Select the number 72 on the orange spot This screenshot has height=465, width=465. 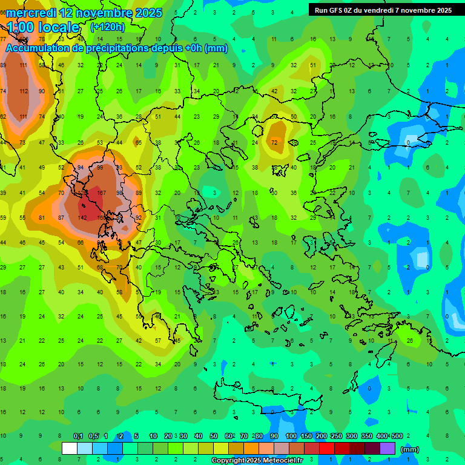click(274, 142)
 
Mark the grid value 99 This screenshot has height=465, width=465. click(100, 167)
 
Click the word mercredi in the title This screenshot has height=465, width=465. click(30, 13)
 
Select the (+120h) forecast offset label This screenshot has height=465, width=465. click(108, 27)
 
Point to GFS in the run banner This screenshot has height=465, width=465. click(338, 10)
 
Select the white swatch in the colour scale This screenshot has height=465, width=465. click(70, 448)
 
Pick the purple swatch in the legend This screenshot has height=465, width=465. click(387, 448)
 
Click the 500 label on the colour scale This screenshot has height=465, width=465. click(397, 436)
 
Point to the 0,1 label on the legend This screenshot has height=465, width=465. click(78, 436)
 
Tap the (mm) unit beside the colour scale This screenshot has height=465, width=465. click(410, 449)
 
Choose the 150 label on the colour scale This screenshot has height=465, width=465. click(306, 436)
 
